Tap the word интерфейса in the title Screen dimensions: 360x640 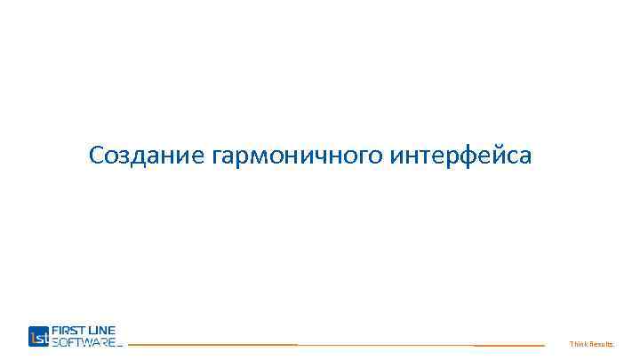pyautogui.click(x=461, y=156)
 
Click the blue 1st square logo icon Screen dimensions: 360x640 pyautogui.click(x=39, y=336)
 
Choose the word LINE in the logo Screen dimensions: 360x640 pyautogui.click(x=103, y=330)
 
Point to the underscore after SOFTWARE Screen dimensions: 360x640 pyautogui.click(x=120, y=346)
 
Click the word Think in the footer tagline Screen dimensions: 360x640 pyautogui.click(x=580, y=344)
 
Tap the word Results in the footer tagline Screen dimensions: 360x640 pyautogui.click(x=603, y=344)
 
